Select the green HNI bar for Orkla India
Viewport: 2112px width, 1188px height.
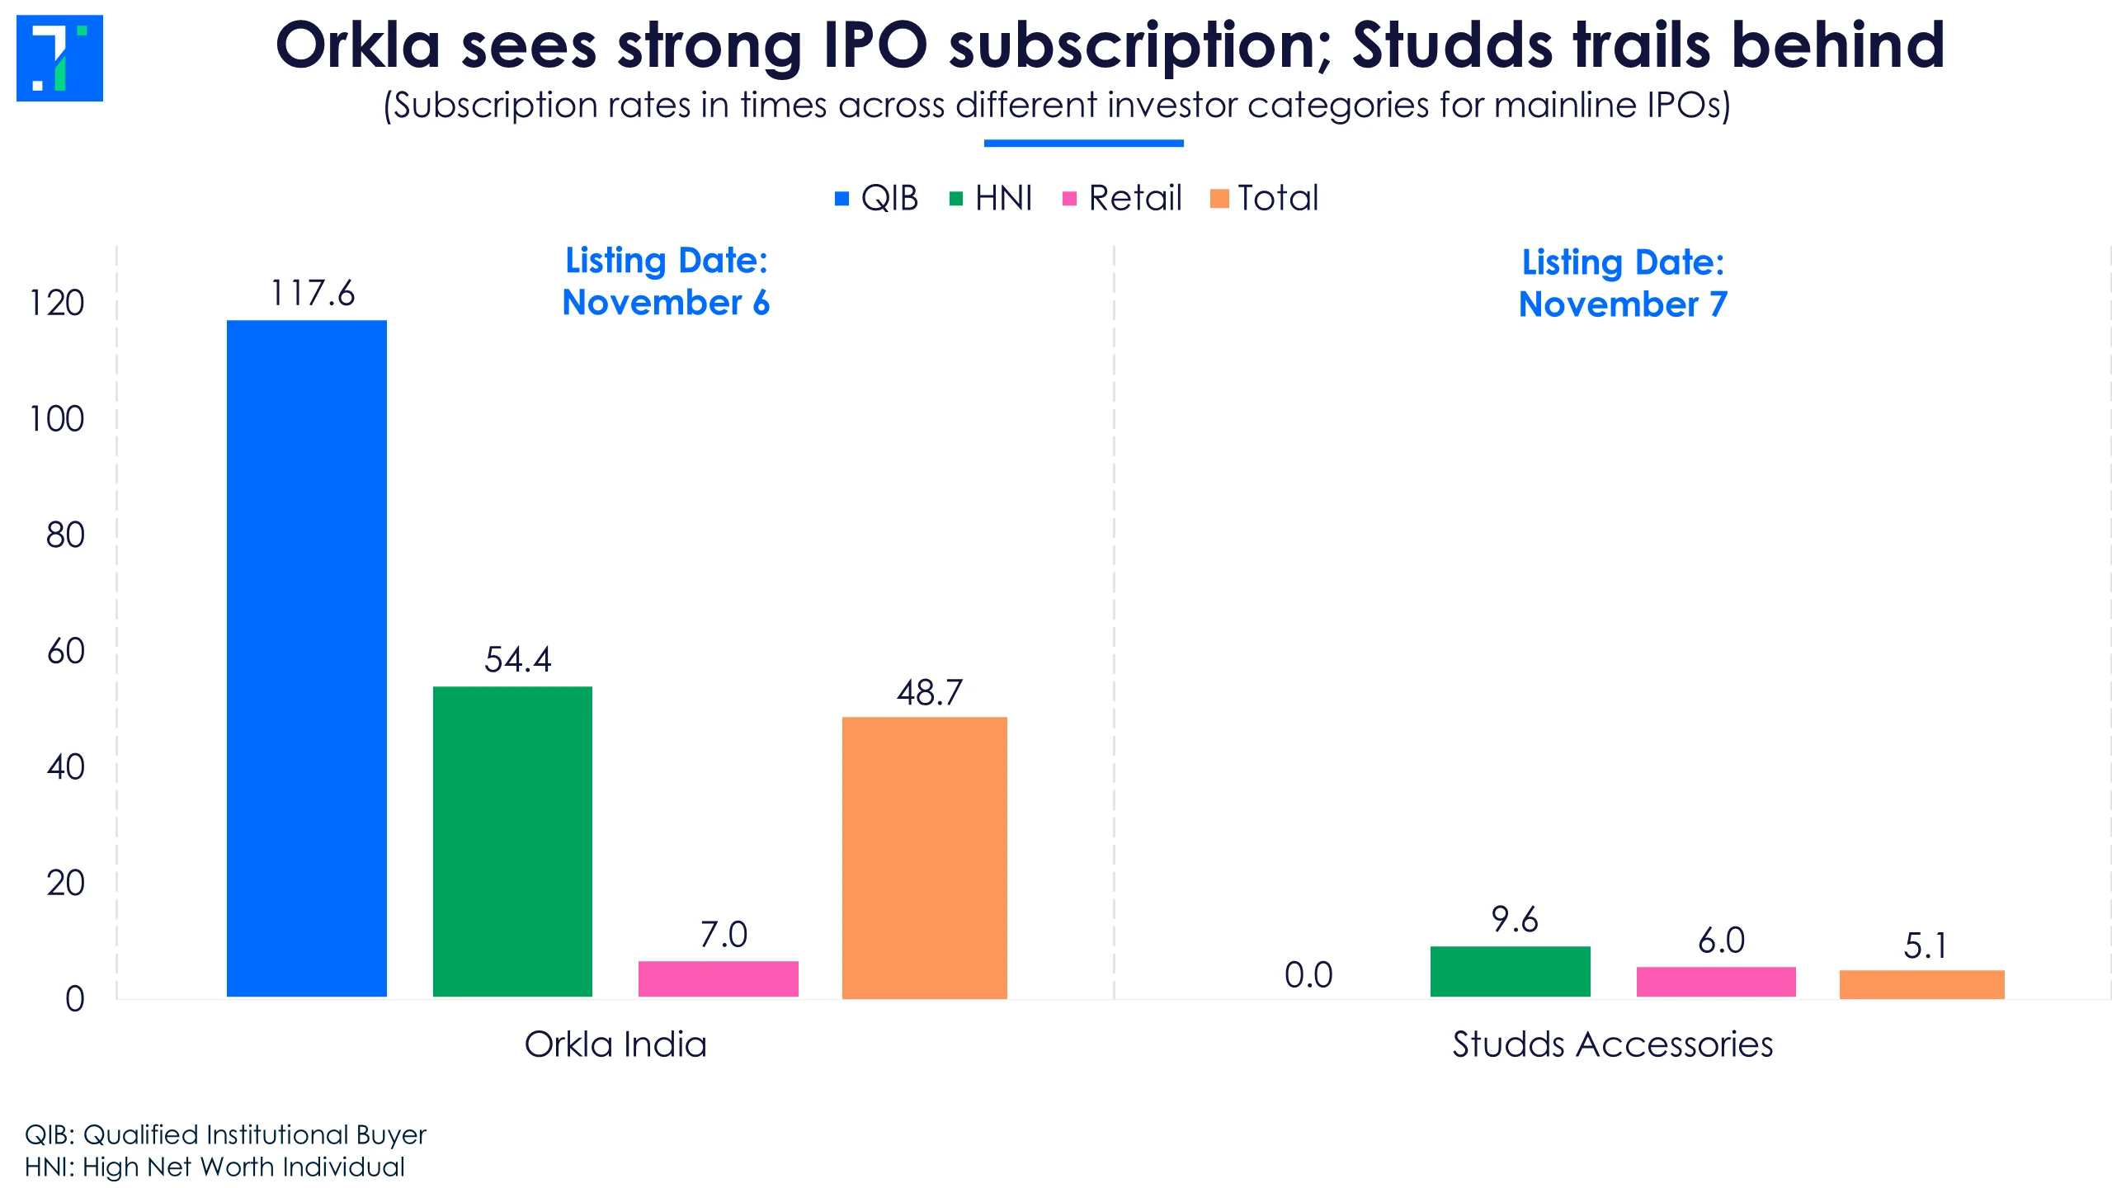coord(512,841)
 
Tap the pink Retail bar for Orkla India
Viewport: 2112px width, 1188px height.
coord(718,978)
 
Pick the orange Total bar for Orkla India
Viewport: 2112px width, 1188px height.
coord(924,858)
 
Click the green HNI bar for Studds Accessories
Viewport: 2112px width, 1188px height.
coord(1510,971)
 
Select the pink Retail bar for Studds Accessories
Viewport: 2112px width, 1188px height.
coord(1716,982)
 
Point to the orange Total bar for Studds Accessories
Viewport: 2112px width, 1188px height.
coord(1921,984)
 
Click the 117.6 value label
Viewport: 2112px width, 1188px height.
coord(313,294)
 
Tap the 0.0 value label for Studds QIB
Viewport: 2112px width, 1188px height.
coord(1308,975)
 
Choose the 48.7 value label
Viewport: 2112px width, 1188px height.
coord(930,693)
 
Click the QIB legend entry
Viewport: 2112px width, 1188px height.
coord(876,198)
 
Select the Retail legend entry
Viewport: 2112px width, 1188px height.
coord(1122,198)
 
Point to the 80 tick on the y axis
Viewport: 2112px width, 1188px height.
coord(66,535)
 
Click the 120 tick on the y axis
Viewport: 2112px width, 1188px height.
coord(57,304)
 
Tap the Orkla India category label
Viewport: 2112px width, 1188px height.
coord(615,1044)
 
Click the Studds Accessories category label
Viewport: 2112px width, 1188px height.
coord(1612,1044)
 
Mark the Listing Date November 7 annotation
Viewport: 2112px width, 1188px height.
coord(1623,283)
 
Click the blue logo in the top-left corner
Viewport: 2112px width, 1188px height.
coord(59,58)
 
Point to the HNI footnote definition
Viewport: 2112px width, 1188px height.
coord(214,1167)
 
